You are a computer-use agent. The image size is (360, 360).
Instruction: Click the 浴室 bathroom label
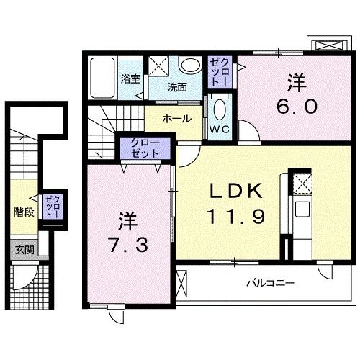pyautogui.click(x=130, y=78)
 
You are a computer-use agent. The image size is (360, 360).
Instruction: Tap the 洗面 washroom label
pyautogui.click(x=177, y=86)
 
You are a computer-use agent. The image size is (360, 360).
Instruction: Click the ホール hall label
pyautogui.click(x=176, y=118)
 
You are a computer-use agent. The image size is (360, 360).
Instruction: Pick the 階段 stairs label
pyautogui.click(x=24, y=212)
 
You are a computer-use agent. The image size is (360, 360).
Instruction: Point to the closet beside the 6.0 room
pyautogui.click(x=218, y=72)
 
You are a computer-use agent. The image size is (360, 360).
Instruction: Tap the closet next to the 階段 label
pyautogui.click(x=50, y=207)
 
